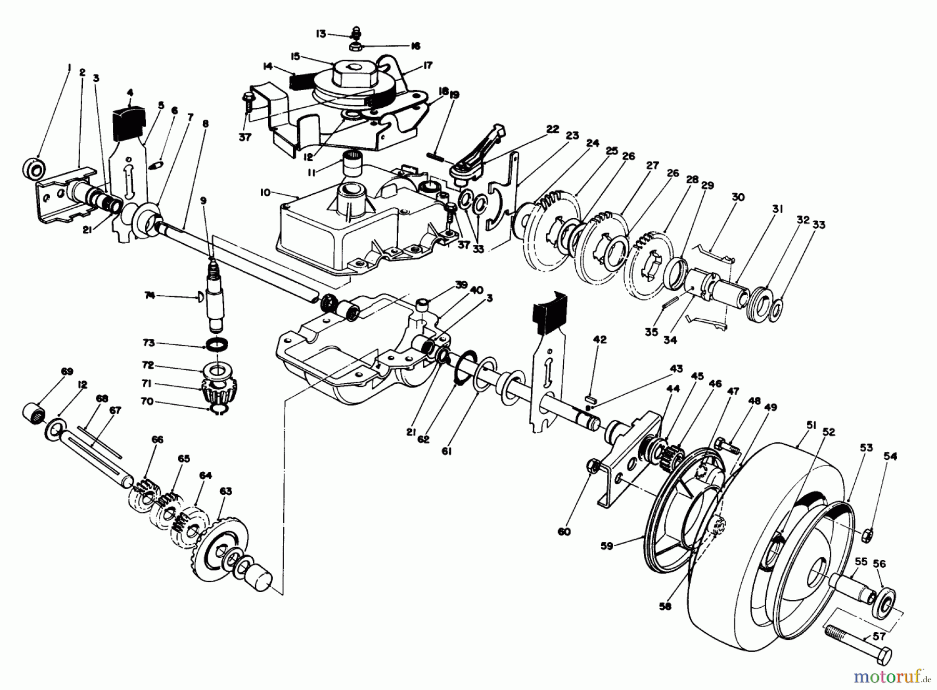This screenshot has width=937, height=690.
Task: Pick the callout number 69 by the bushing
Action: click(x=67, y=372)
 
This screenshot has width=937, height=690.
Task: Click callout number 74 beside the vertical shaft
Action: click(x=150, y=295)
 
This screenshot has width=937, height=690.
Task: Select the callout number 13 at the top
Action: click(x=321, y=34)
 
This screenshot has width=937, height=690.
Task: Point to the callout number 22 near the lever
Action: click(x=538, y=129)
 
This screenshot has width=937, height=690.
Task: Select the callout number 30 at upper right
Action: click(x=738, y=197)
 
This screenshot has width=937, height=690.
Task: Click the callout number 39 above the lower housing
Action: click(x=461, y=285)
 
